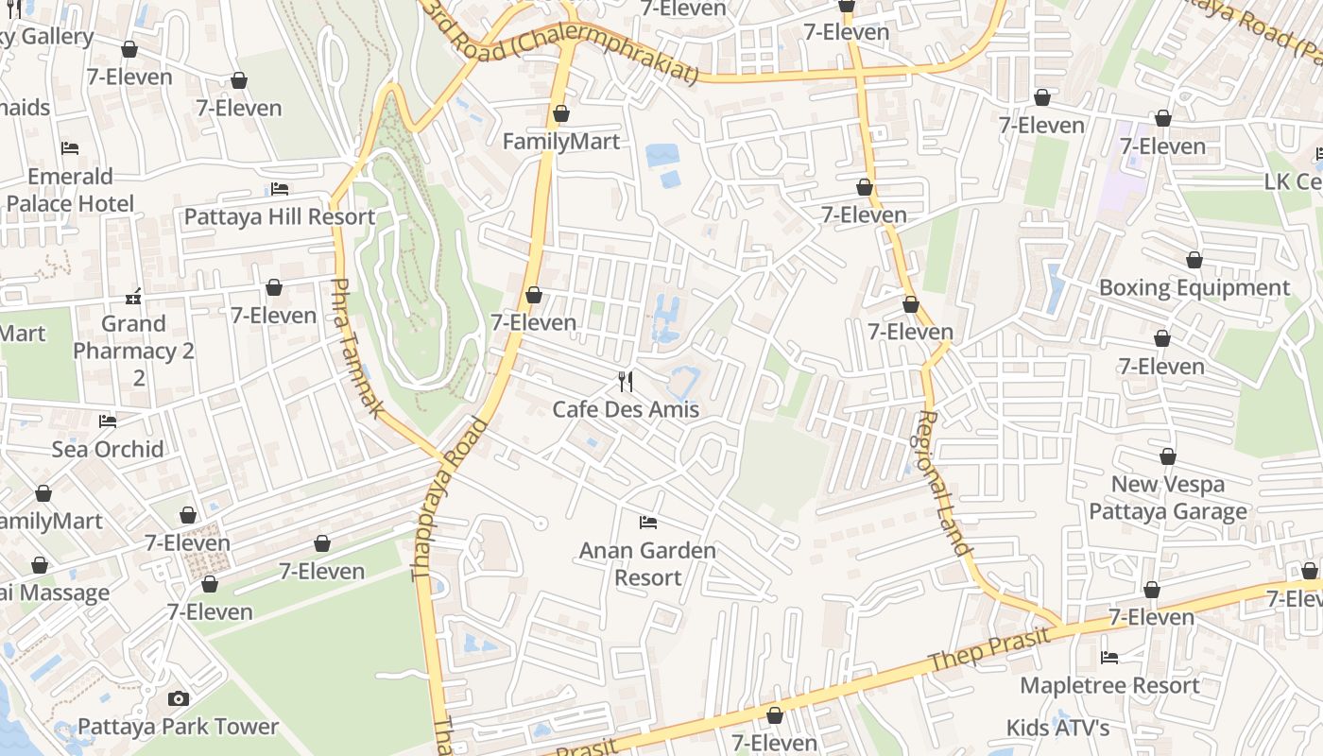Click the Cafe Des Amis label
[x=626, y=409]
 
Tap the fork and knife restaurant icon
[x=626, y=382]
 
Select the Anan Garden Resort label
[x=647, y=563]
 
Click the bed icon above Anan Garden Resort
[x=647, y=522]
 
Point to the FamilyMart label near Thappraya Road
[x=561, y=142]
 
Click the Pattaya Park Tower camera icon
[x=178, y=699]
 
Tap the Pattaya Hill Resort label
[x=280, y=216]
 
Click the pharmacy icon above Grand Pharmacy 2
[x=133, y=297]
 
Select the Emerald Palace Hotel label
[x=70, y=190]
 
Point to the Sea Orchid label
[x=108, y=449]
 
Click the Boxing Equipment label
[x=1194, y=287]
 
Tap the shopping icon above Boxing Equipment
[x=1194, y=260]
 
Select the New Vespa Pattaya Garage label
[x=1168, y=498]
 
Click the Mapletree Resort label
[x=1109, y=685]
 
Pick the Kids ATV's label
[x=1057, y=728]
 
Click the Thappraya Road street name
[x=450, y=498]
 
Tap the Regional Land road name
[x=944, y=482]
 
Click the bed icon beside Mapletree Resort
[x=1109, y=658]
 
